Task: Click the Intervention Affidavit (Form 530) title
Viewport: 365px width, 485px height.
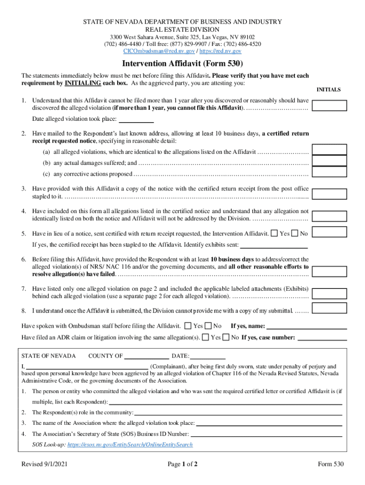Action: tap(182, 63)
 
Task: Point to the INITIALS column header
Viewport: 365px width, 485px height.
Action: tap(328, 90)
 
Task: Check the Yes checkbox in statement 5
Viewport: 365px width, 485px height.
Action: tap(274, 234)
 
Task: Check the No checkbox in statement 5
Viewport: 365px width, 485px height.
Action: tap(295, 234)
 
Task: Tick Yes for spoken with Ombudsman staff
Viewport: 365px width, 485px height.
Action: tap(188, 326)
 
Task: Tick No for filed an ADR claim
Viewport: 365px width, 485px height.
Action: tap(226, 338)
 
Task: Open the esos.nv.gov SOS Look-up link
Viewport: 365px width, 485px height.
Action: tap(130, 445)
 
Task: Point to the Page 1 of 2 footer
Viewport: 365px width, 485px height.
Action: tap(182, 464)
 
